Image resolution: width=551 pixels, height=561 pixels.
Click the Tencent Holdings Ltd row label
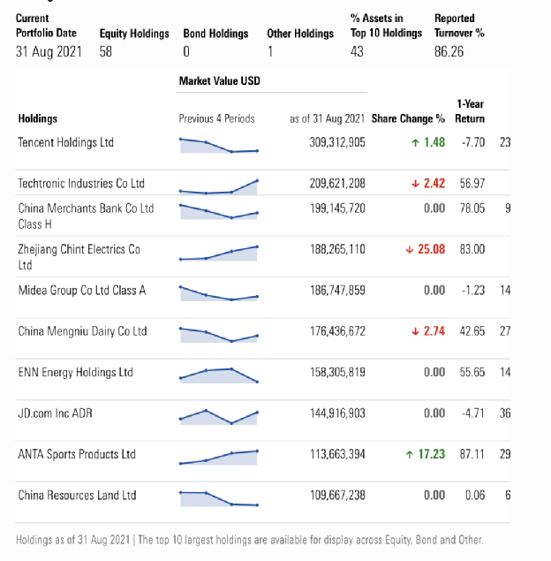pyautogui.click(x=66, y=142)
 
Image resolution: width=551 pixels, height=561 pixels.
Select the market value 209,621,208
pyautogui.click(x=337, y=184)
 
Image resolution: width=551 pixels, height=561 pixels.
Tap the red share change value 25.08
pyautogui.click(x=431, y=249)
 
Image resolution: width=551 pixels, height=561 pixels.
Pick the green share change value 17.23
pyautogui.click(x=432, y=454)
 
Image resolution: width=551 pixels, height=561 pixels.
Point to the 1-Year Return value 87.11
pyautogui.click(x=472, y=454)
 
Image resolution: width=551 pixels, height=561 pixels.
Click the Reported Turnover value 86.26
pyautogui.click(x=449, y=52)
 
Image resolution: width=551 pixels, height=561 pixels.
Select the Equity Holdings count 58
pyautogui.click(x=105, y=52)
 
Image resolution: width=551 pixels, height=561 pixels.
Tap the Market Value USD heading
pyautogui.click(x=220, y=81)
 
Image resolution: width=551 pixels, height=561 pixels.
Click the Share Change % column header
pyautogui.click(x=408, y=118)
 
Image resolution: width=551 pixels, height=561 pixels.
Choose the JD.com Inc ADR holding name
pyautogui.click(x=55, y=413)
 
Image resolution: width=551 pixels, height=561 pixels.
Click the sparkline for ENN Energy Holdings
pyautogui.click(x=218, y=375)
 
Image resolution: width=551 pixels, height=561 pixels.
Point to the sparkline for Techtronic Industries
pyautogui.click(x=218, y=187)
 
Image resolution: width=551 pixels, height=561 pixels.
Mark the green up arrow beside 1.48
pyautogui.click(x=415, y=143)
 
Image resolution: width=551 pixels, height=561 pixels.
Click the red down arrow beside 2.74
pyautogui.click(x=415, y=331)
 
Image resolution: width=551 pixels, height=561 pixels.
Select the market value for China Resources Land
pyautogui.click(x=337, y=496)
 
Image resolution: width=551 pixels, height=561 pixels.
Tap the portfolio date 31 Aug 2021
pyautogui.click(x=49, y=52)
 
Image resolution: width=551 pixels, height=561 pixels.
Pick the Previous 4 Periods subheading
pyautogui.click(x=216, y=118)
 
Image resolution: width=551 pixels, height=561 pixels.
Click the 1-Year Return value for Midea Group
pyautogui.click(x=473, y=290)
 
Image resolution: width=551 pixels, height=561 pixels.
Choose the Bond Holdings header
pyautogui.click(x=215, y=34)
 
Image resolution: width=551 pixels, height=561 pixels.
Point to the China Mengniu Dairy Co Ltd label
pyautogui.click(x=83, y=331)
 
